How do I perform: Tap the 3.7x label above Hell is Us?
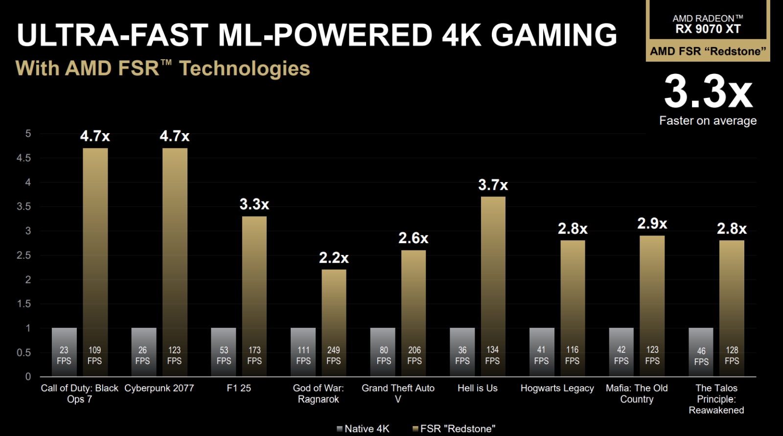pos(493,185)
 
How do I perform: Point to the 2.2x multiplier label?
pos(334,257)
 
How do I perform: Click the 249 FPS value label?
pos(334,355)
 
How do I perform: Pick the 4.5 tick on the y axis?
pos(23,158)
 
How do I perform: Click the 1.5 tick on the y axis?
pos(23,304)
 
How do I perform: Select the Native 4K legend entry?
pos(363,429)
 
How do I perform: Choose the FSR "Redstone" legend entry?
pos(454,429)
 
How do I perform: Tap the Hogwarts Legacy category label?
pos(557,388)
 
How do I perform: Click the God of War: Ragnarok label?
pos(318,393)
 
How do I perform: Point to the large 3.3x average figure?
pos(708,92)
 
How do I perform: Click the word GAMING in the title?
pos(554,35)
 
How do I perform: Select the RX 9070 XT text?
pos(708,29)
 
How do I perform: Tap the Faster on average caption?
pos(708,120)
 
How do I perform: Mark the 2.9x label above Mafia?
pos(652,224)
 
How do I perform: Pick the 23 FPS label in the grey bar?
pos(64,355)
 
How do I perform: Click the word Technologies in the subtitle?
pos(245,69)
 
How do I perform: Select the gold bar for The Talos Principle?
pos(732,294)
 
